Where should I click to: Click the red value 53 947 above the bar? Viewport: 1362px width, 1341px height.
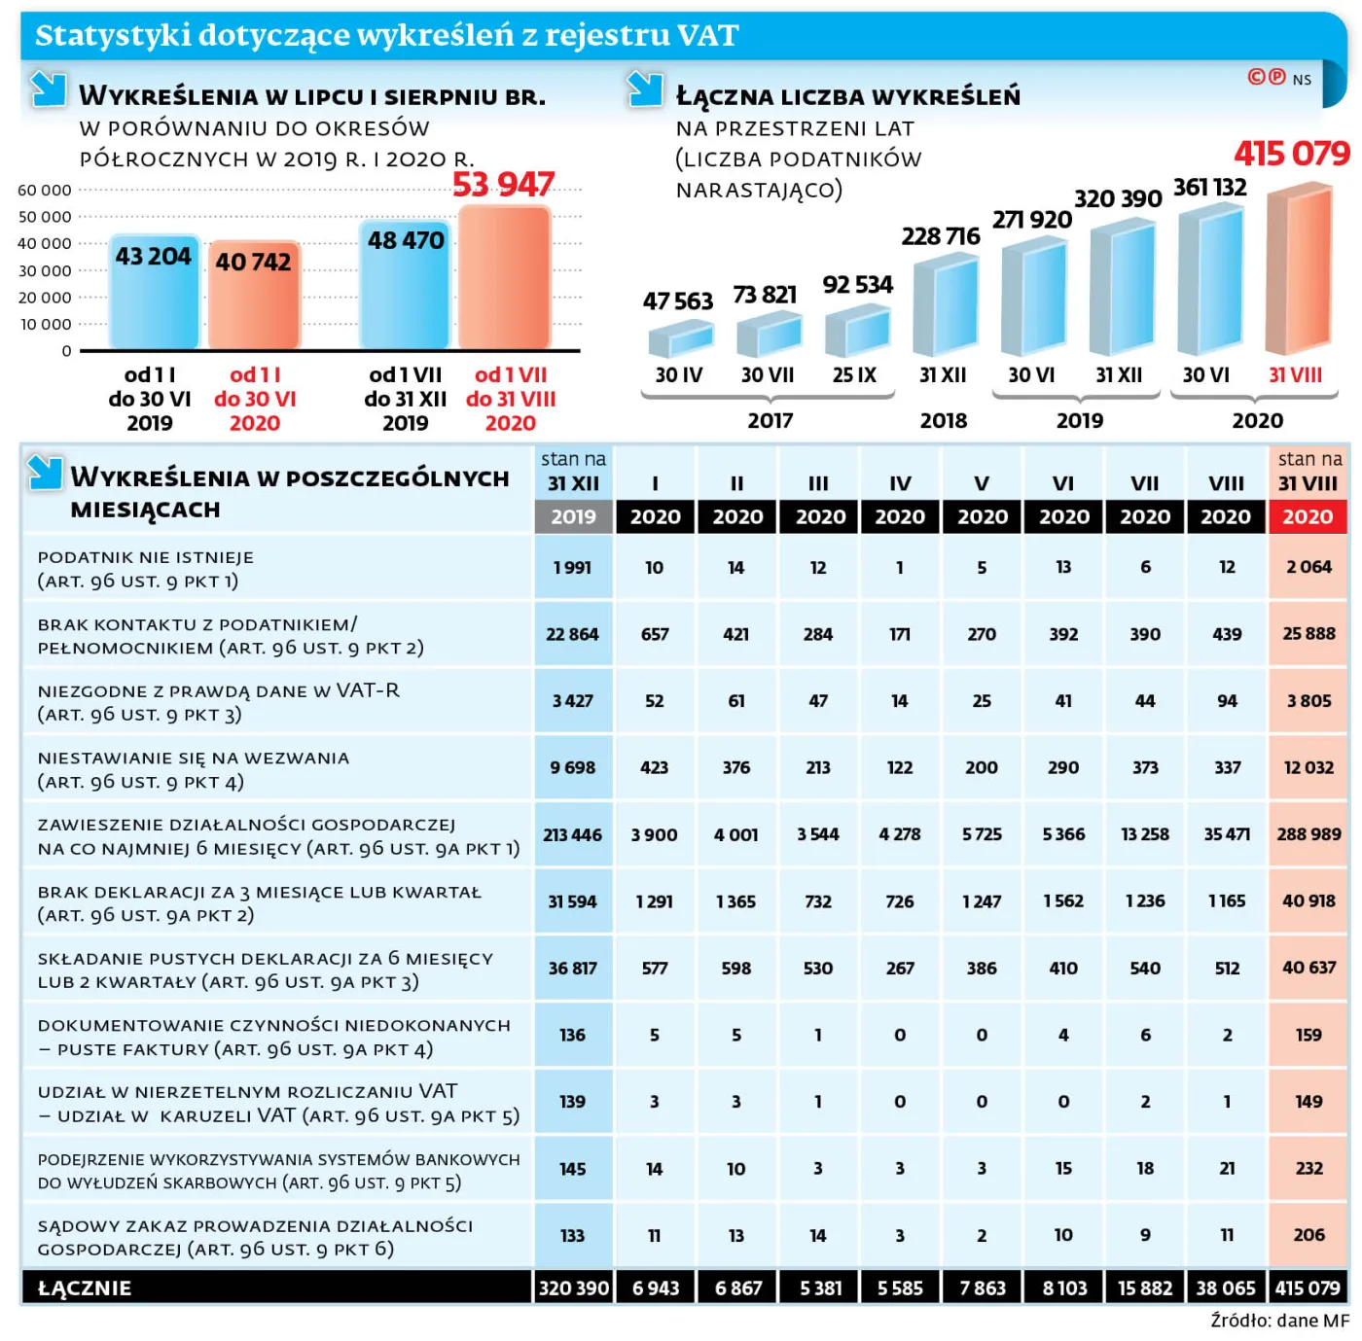[x=503, y=185]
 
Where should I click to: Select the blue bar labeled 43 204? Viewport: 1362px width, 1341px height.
[x=154, y=292]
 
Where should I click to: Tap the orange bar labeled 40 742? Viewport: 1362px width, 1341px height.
[x=254, y=296]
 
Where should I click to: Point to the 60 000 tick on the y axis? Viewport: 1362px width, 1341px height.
[x=45, y=190]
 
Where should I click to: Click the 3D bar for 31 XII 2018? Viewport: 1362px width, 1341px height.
[x=945, y=305]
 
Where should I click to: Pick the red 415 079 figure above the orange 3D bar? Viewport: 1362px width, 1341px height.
[x=1291, y=154]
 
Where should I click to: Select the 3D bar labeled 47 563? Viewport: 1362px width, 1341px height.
[x=681, y=338]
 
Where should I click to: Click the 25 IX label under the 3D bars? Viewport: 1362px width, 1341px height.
[x=854, y=374]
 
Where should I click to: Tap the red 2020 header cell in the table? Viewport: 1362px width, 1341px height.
[x=1308, y=516]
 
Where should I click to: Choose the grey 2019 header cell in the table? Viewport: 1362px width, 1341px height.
[x=573, y=516]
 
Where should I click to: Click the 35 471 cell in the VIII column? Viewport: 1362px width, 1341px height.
[x=1227, y=834]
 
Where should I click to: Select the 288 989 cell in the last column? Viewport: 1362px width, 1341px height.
[x=1308, y=834]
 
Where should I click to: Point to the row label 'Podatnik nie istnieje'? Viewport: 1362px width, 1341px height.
[x=146, y=557]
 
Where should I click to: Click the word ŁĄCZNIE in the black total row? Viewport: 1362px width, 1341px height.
[x=84, y=1288]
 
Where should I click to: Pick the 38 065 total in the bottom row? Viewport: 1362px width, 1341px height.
[x=1227, y=1288]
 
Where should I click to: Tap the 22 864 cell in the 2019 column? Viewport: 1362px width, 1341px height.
[x=572, y=634]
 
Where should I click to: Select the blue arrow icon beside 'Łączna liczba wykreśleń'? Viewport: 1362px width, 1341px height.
[x=645, y=89]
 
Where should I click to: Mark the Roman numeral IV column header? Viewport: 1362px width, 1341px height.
[x=900, y=483]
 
